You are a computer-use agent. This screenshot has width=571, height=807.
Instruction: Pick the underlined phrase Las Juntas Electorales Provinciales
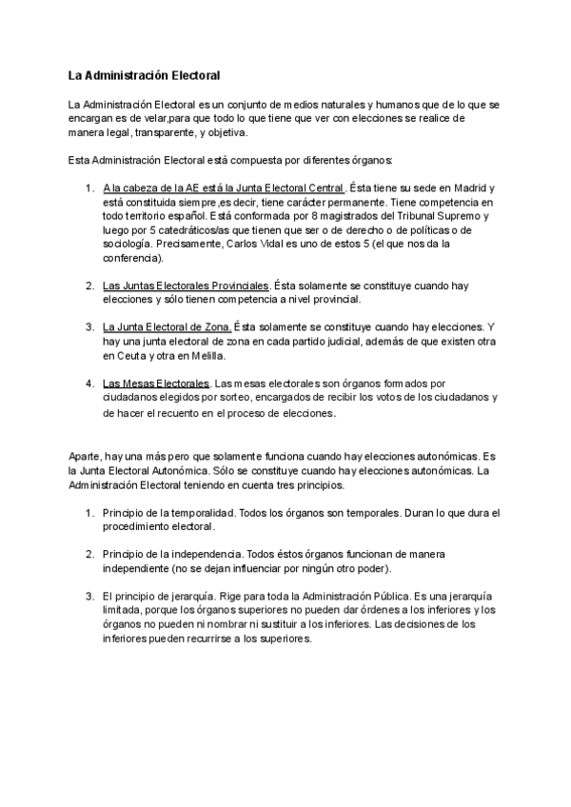(187, 285)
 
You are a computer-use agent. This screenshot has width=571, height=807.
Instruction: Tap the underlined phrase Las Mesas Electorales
(156, 384)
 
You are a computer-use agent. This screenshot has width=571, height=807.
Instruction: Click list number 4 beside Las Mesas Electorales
(89, 384)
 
